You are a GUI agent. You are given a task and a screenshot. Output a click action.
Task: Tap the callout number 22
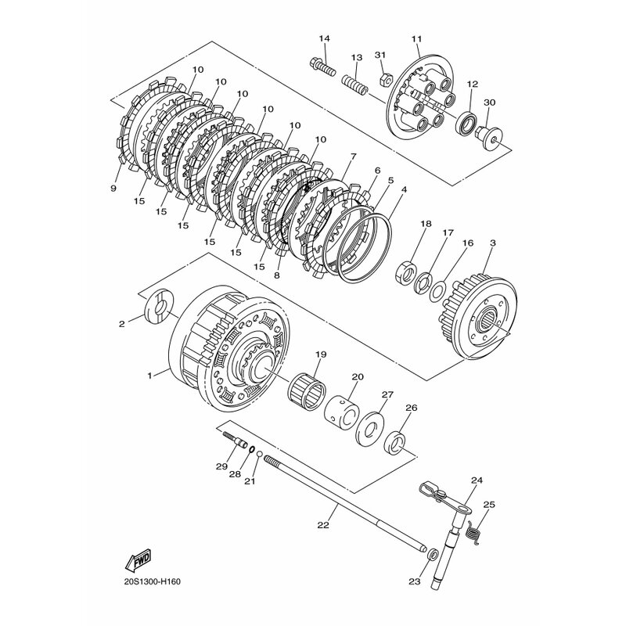pyautogui.click(x=323, y=525)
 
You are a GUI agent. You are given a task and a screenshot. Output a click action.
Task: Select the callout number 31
pyautogui.click(x=381, y=54)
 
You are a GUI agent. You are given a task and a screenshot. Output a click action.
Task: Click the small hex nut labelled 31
pyautogui.click(x=384, y=79)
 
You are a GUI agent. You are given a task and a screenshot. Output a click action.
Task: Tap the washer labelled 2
pyautogui.click(x=160, y=310)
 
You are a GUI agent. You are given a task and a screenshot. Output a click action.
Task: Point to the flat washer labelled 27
pyautogui.click(x=369, y=427)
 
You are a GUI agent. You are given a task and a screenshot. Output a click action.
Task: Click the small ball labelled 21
pyautogui.click(x=259, y=455)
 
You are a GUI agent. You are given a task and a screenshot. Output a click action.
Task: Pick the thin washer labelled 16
pyautogui.click(x=438, y=292)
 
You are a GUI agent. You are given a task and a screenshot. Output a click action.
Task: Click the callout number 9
pyautogui.click(x=113, y=188)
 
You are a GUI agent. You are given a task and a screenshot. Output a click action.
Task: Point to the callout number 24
pyautogui.click(x=477, y=480)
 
